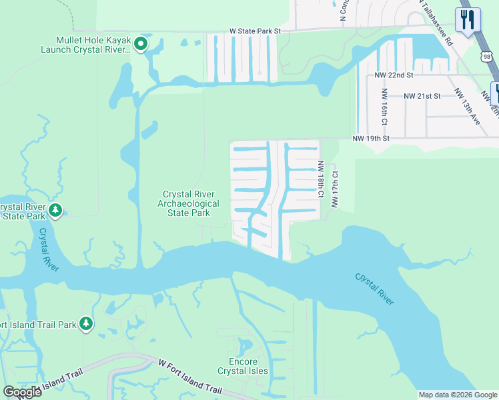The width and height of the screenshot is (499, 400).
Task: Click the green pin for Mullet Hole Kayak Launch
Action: [x=140, y=45]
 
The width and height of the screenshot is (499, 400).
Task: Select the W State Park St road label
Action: [x=256, y=31]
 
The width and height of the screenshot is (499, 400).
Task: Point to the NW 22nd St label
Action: [x=394, y=75]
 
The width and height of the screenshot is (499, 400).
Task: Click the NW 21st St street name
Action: [x=422, y=96]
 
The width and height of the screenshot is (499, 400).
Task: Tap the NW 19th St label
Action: [x=370, y=139]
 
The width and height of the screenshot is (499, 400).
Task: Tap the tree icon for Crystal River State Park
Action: [x=56, y=211]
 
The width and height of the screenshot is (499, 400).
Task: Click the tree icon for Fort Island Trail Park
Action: [x=86, y=324]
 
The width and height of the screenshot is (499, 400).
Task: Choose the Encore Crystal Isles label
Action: [x=243, y=366]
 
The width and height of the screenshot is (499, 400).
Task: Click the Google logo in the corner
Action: [x=21, y=392]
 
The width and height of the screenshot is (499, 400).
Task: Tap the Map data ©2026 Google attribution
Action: [x=458, y=395]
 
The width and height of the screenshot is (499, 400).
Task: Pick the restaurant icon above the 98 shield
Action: [x=467, y=20]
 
